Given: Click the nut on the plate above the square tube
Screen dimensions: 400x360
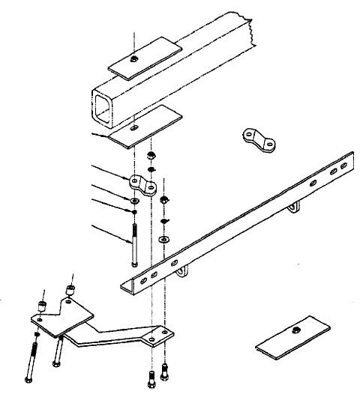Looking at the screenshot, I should point(133,58).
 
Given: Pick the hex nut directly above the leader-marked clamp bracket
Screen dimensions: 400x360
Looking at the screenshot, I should point(151,155).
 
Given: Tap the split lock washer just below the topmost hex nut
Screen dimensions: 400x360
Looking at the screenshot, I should point(151,170).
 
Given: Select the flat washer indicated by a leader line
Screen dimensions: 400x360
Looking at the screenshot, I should point(133,201).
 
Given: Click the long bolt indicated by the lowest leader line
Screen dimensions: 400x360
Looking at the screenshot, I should point(133,240).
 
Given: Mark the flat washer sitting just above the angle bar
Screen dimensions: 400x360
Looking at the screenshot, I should point(165,238).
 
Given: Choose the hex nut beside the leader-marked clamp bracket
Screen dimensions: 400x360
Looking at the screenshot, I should point(165,201).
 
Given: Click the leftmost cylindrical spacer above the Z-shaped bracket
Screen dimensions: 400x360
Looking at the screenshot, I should point(43,306).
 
